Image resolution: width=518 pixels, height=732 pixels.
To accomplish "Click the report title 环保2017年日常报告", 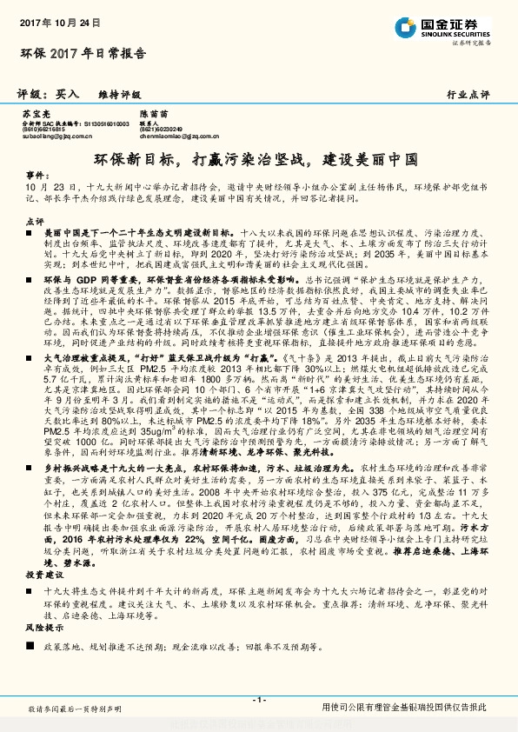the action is click(83, 54).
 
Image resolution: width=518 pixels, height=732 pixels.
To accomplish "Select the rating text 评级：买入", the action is click(49, 94).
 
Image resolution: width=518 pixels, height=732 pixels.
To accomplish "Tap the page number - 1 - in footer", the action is click(258, 700).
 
